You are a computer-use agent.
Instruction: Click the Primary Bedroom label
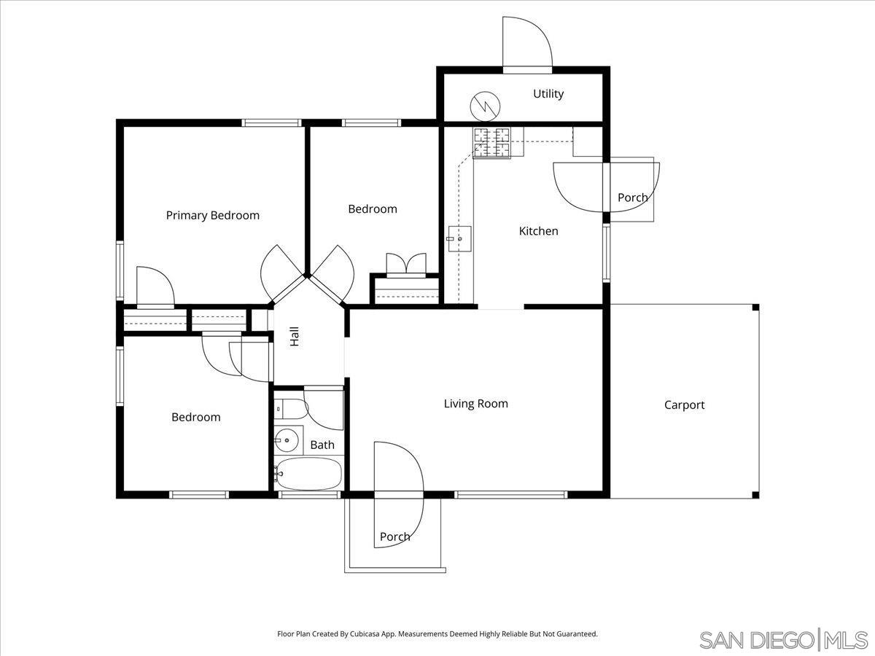click(212, 215)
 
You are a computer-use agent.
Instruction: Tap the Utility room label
click(548, 93)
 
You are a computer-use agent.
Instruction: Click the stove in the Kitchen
click(492, 142)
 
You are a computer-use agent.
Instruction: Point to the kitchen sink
click(459, 238)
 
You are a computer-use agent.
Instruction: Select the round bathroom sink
click(287, 440)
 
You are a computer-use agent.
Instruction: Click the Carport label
click(684, 405)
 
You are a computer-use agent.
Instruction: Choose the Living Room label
click(475, 403)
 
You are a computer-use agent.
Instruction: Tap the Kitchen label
click(538, 230)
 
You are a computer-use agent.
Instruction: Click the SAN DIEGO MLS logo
click(783, 639)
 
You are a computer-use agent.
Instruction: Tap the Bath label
click(322, 445)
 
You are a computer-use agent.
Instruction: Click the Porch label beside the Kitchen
click(632, 198)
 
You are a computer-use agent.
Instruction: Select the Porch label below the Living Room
click(394, 536)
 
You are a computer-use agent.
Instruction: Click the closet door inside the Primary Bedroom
click(154, 287)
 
